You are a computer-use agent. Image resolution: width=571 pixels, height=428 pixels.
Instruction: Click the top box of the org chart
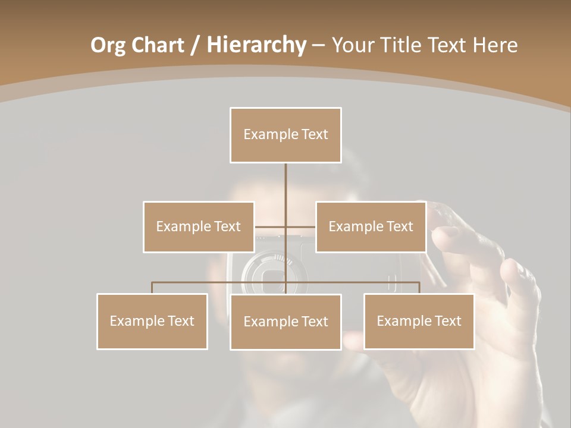click(285, 135)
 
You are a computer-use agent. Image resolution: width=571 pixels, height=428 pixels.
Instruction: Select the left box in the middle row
click(199, 226)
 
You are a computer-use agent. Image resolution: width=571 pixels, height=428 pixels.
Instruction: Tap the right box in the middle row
click(371, 226)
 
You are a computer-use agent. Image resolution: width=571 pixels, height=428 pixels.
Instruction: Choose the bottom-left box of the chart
click(152, 321)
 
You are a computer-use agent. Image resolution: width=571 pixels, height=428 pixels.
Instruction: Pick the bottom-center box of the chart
click(285, 322)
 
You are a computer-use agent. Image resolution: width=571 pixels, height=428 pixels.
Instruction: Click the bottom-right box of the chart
click(419, 321)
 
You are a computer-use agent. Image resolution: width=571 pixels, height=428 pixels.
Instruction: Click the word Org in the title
click(108, 45)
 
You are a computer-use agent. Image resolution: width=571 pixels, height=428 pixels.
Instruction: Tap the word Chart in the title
click(157, 45)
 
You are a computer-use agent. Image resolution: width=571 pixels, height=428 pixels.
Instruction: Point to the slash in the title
click(195, 46)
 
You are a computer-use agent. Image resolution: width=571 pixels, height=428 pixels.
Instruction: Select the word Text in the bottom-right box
click(448, 321)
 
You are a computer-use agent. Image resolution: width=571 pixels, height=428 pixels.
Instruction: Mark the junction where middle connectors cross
click(285, 226)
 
